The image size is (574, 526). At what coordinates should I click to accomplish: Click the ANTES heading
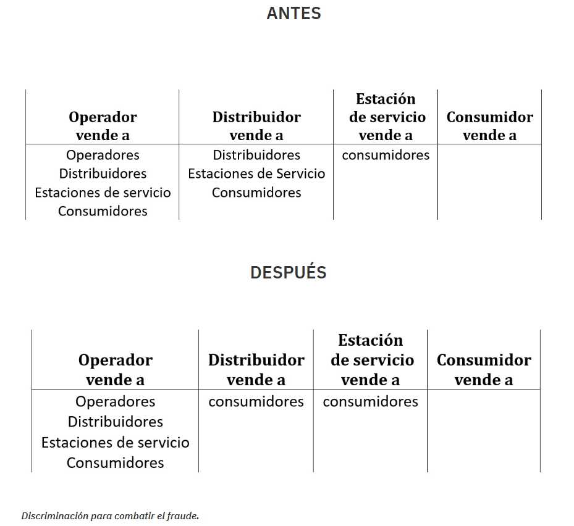tap(293, 14)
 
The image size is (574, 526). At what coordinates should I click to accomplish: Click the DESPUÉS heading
tap(289, 272)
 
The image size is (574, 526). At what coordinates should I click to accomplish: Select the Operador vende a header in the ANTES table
tap(103, 126)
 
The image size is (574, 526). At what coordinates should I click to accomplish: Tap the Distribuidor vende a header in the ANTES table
tap(256, 126)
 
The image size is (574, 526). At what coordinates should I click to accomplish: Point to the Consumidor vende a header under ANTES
tap(490, 126)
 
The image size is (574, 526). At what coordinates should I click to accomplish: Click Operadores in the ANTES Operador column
tap(103, 155)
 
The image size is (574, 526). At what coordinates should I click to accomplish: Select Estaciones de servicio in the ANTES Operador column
tap(103, 193)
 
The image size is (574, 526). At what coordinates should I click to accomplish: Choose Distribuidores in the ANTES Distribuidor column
tap(256, 155)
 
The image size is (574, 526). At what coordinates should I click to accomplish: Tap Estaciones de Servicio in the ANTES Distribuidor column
tap(256, 173)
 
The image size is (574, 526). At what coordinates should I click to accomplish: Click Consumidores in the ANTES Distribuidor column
tap(256, 193)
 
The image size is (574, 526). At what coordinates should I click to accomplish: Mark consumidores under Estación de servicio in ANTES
tap(386, 155)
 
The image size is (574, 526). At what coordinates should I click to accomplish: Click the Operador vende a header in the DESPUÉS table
tap(116, 370)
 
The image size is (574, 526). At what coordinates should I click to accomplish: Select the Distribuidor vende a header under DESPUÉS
tap(256, 370)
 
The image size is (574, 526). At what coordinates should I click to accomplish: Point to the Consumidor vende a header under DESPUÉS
tap(484, 370)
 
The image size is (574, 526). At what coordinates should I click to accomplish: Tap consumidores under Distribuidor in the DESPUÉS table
tap(256, 402)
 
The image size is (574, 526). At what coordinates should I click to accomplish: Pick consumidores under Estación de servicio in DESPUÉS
tap(371, 402)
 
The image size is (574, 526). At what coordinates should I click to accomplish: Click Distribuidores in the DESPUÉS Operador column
tap(116, 422)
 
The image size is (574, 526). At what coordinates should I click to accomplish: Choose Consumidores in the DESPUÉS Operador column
tap(116, 462)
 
